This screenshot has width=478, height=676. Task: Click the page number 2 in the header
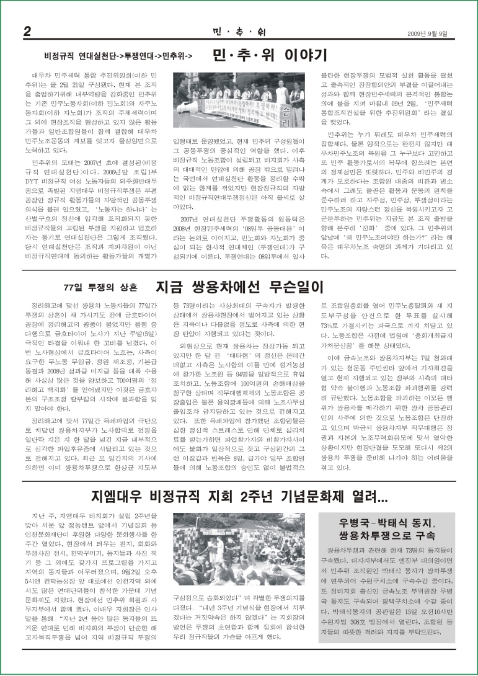(27, 32)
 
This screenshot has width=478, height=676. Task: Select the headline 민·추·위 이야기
(269, 56)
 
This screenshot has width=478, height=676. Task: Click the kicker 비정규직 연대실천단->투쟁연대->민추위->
(118, 56)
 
